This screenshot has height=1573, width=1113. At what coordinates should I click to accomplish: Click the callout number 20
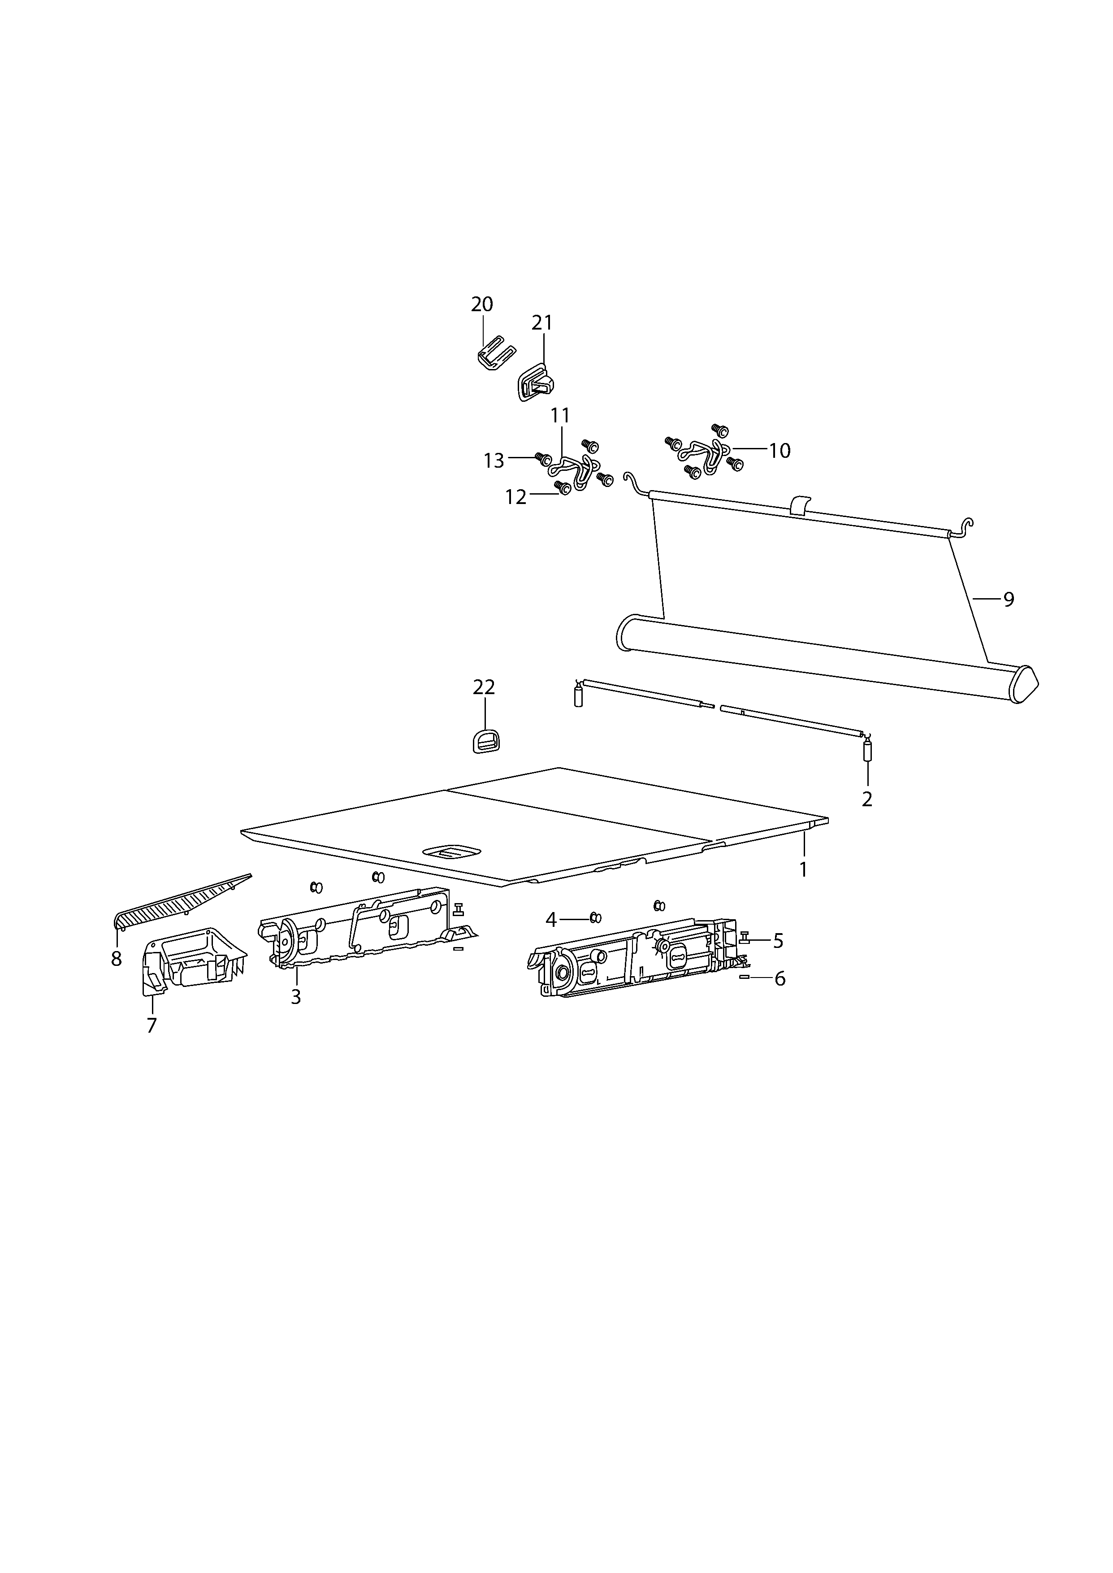coord(482,304)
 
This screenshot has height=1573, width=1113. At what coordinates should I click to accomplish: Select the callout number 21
coord(542,322)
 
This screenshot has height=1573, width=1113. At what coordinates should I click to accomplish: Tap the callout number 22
coord(484,687)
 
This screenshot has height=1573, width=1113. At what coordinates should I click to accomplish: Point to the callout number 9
coord(1009,599)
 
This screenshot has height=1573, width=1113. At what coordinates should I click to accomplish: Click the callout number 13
coord(494,461)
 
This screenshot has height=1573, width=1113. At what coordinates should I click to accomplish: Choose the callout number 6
coord(780,979)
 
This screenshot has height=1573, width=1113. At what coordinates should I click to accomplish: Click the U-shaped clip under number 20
coord(495,354)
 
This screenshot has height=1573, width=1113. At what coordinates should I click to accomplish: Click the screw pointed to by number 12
coord(563,488)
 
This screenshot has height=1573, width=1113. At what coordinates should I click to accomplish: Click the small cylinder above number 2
coord(867,751)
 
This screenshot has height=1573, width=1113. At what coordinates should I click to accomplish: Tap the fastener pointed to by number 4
coord(596,918)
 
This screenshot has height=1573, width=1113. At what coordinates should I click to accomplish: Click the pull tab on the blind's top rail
coord(800,506)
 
